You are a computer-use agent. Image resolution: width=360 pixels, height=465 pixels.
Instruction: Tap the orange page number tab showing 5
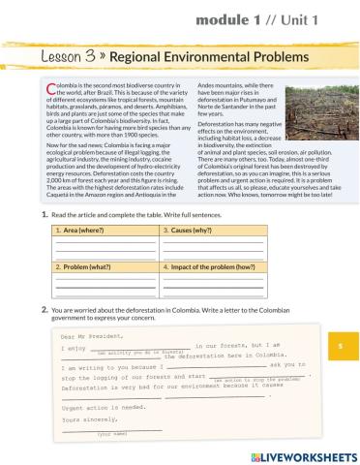click(342, 346)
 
